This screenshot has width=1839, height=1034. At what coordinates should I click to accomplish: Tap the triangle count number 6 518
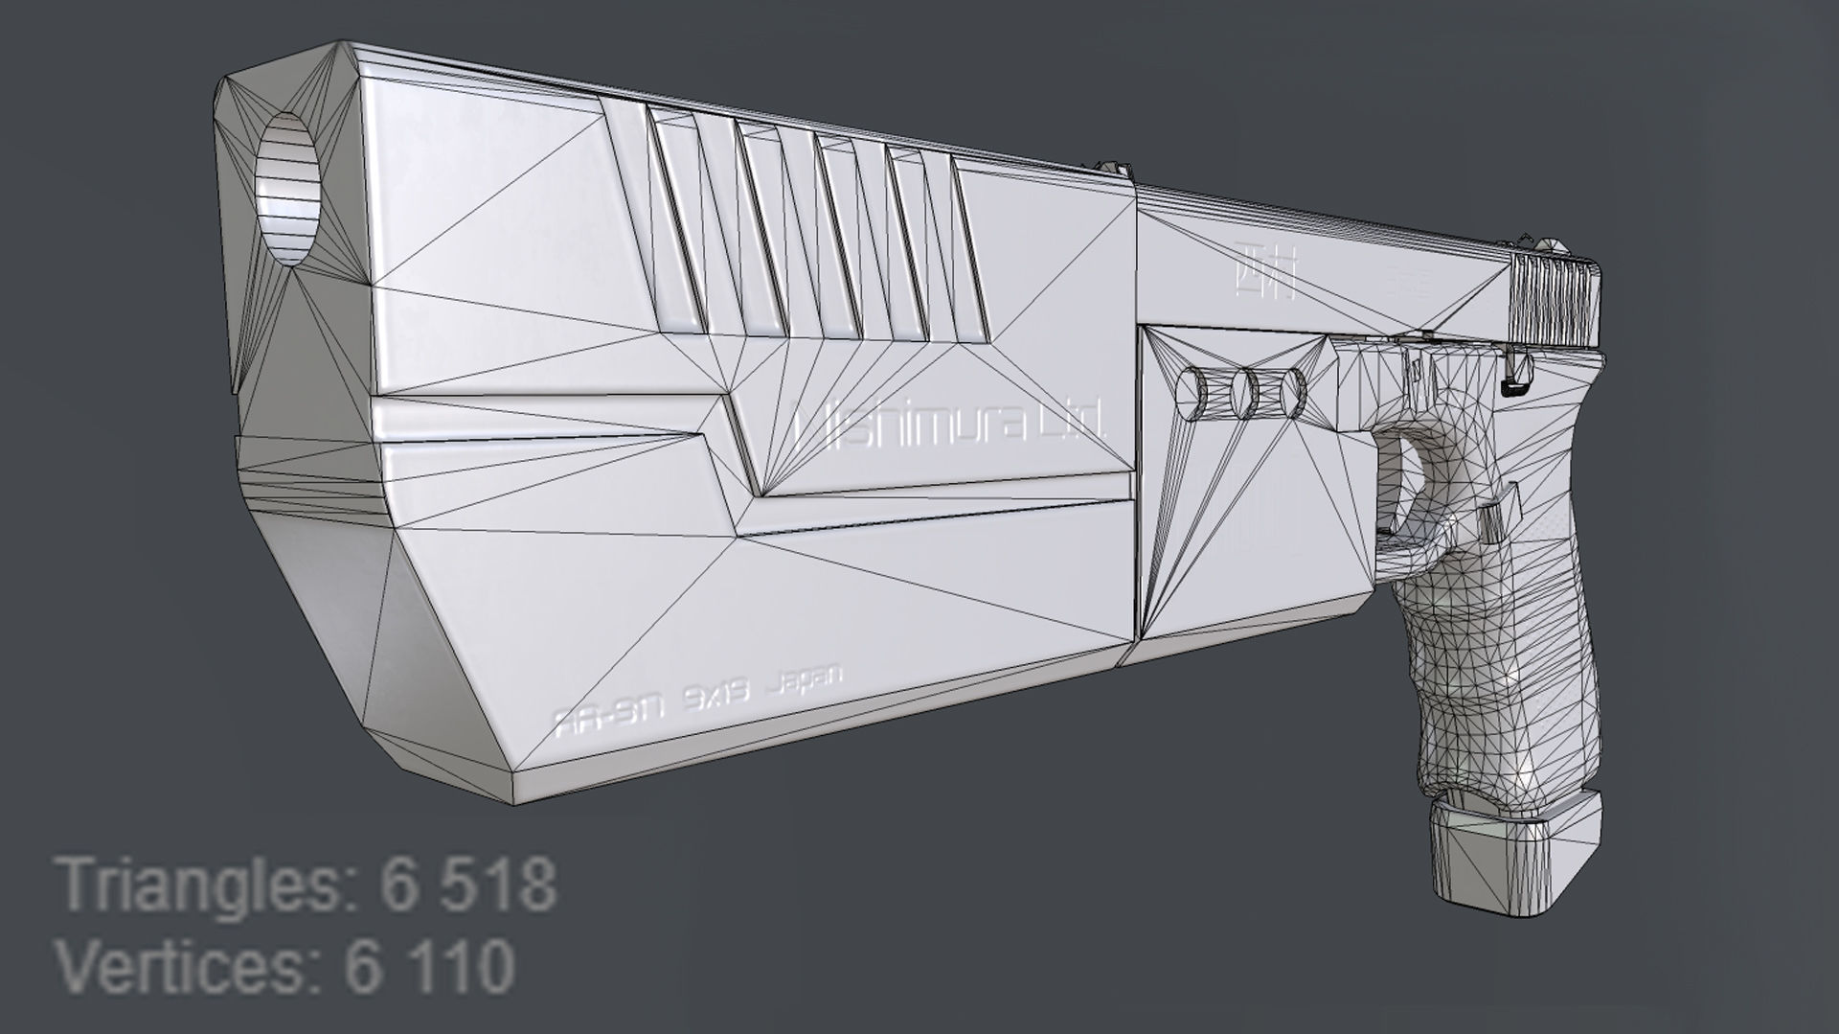tap(467, 885)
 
